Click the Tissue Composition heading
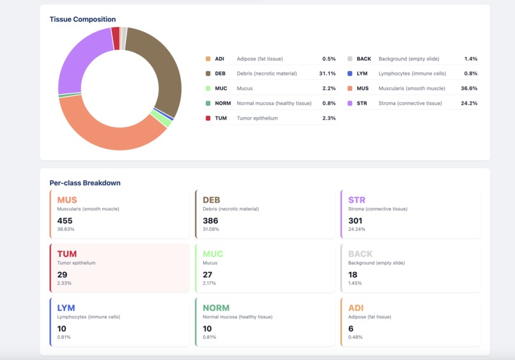tap(82, 19)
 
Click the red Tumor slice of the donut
tap(116, 38)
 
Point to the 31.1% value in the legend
tap(327, 74)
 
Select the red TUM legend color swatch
tap(208, 118)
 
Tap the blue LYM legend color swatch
tap(350, 74)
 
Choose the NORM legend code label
tap(222, 103)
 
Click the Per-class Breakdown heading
tap(85, 183)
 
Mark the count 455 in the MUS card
tap(65, 221)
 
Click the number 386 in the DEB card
tap(210, 221)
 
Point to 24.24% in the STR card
tap(355, 229)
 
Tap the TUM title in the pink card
tap(67, 254)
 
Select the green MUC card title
tap(213, 254)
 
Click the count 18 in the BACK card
tap(353, 274)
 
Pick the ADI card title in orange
tap(355, 308)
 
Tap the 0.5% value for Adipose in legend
tap(328, 59)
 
